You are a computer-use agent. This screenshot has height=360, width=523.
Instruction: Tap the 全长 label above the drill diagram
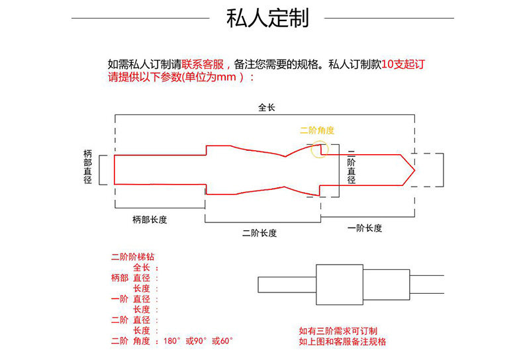point(266,108)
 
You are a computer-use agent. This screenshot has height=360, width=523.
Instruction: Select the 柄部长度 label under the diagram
point(149,220)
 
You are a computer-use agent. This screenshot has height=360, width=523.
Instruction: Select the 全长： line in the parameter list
point(146,267)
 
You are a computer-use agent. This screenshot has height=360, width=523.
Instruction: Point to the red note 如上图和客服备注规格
point(342,341)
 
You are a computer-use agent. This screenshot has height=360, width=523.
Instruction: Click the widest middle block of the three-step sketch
point(340,285)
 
